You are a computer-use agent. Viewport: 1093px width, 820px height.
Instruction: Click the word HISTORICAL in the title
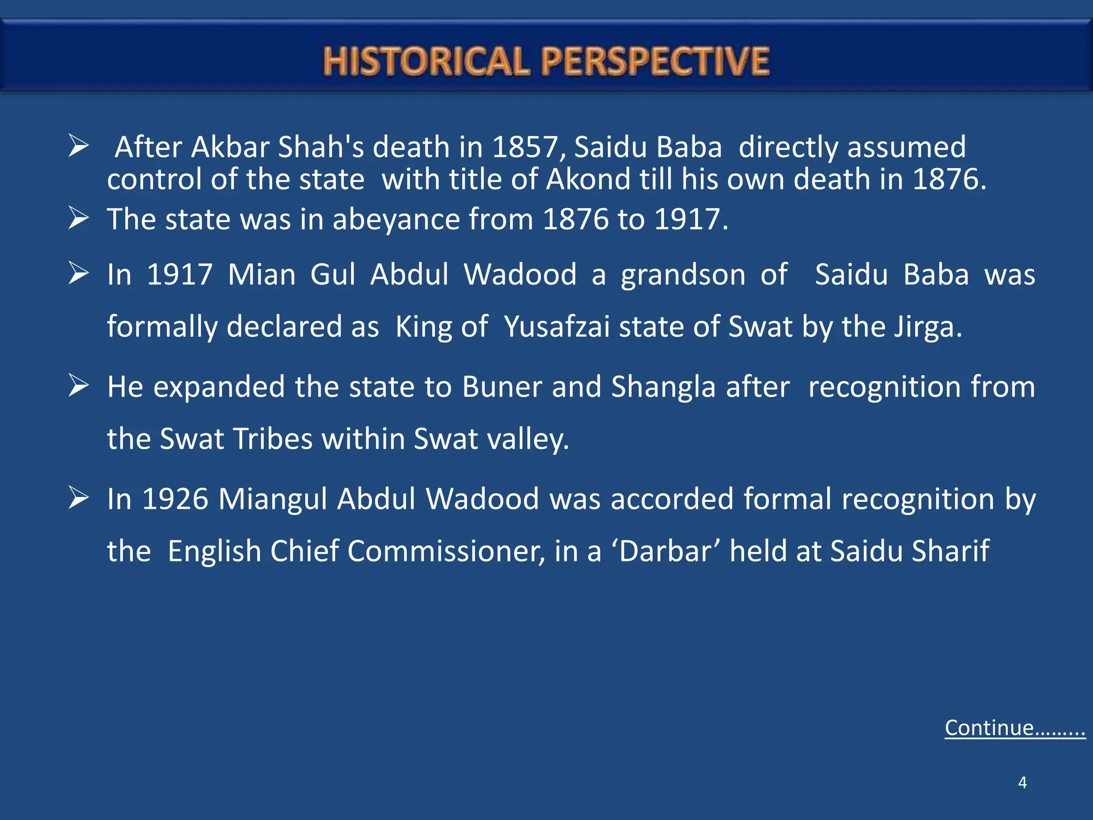coord(425,61)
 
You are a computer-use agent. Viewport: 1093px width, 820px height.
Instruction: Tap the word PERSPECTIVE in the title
coord(655,61)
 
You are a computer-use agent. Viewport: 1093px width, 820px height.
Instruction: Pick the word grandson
coord(683,275)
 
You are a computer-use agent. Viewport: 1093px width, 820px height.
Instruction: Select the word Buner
coord(502,387)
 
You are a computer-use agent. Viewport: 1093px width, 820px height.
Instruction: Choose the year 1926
coord(175,499)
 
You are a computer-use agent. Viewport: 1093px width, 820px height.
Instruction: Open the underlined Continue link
coord(1015,728)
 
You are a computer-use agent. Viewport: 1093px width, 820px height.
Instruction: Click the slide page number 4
coord(1022,783)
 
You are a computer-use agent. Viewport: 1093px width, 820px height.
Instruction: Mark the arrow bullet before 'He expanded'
coord(78,386)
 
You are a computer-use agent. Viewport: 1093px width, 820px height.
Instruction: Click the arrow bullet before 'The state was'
coord(78,218)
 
